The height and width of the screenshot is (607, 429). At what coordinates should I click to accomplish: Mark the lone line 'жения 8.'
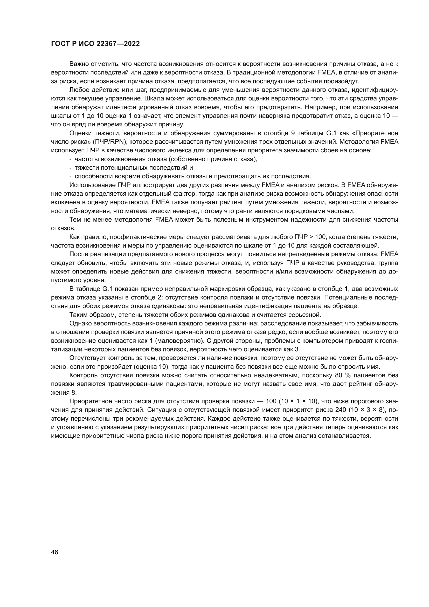tap(64, 393)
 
